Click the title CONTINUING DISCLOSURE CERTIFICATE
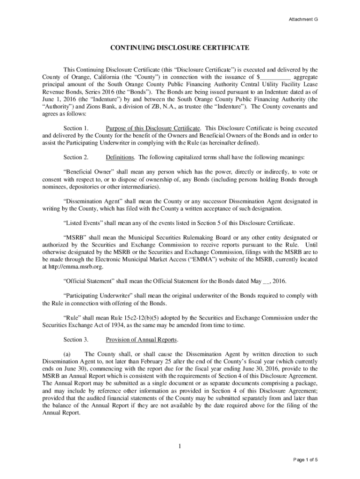point(180,48)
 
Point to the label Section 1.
point(76,128)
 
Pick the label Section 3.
point(76,339)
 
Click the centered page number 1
point(180,445)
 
